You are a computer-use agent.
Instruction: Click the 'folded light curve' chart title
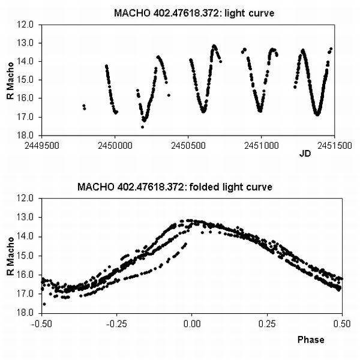tap(175, 187)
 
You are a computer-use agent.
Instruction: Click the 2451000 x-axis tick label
tap(261, 145)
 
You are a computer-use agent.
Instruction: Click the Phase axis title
tap(311, 340)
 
